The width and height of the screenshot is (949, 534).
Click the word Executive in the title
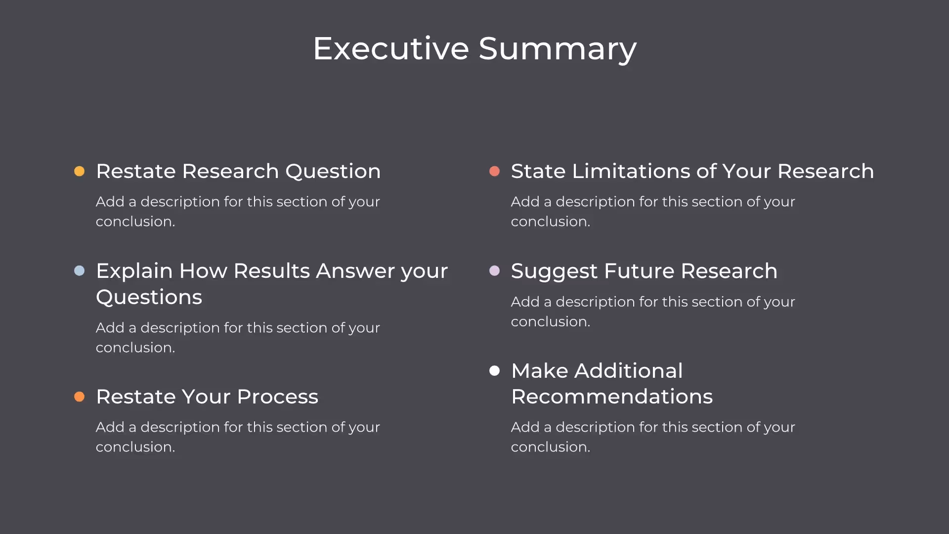[391, 48]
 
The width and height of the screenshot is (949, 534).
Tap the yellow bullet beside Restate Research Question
[79, 171]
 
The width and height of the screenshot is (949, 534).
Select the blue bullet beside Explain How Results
[79, 270]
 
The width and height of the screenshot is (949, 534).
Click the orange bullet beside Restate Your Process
[79, 397]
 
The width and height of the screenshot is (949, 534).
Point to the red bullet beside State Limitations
[494, 171]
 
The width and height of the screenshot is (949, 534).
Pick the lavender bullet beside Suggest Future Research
[494, 270]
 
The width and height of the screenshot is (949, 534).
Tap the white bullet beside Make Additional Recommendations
[494, 371]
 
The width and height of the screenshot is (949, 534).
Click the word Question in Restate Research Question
[333, 172]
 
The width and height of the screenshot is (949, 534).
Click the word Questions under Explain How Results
[149, 297]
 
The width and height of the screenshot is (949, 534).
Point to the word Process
[277, 397]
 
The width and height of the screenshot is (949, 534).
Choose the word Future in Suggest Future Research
[639, 271]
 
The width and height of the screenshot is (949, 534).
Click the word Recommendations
[611, 397]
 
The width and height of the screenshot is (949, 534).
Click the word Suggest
[554, 271]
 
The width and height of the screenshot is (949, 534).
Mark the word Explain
[134, 271]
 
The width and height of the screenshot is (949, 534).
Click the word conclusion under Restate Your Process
[135, 447]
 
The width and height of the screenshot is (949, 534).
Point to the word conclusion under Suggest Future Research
[550, 322]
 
